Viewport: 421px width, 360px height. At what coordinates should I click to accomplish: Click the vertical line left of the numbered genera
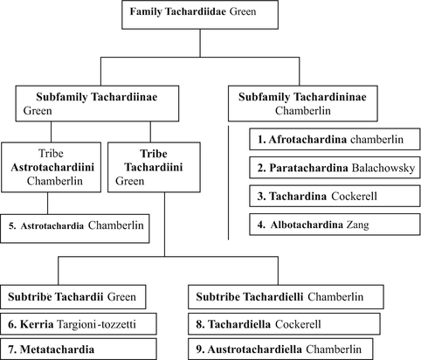coord(229,183)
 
